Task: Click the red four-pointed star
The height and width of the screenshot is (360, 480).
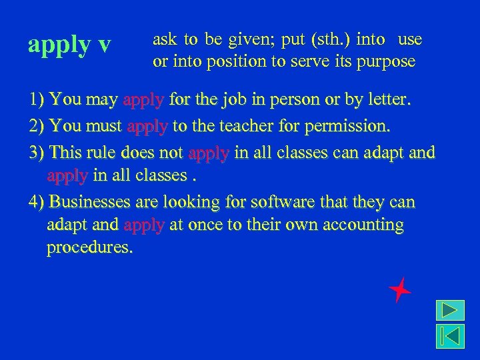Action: pyautogui.click(x=399, y=289)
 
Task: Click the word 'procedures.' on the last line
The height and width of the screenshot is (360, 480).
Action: pyautogui.click(x=90, y=249)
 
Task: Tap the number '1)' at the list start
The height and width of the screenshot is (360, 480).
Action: pyautogui.click(x=37, y=101)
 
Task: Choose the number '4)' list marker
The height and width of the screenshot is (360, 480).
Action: pyautogui.click(x=37, y=201)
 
